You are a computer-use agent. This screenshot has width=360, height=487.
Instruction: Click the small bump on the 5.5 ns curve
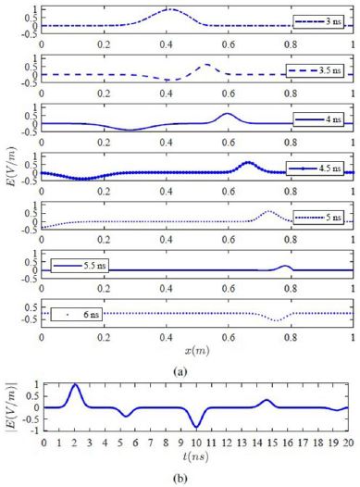pos(286,266)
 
